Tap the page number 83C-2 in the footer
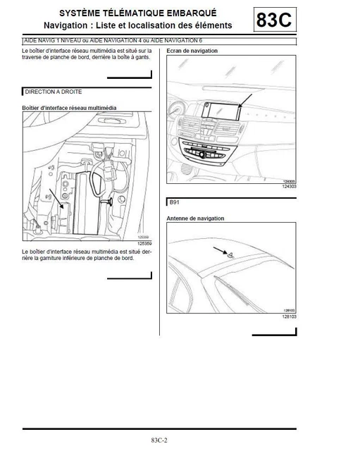[x=159, y=440]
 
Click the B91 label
[x=175, y=202]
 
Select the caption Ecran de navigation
[x=192, y=51]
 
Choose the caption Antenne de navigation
[x=195, y=218]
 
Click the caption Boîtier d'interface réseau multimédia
[x=69, y=107]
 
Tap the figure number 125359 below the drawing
[x=144, y=243]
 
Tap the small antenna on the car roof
[x=229, y=254]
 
